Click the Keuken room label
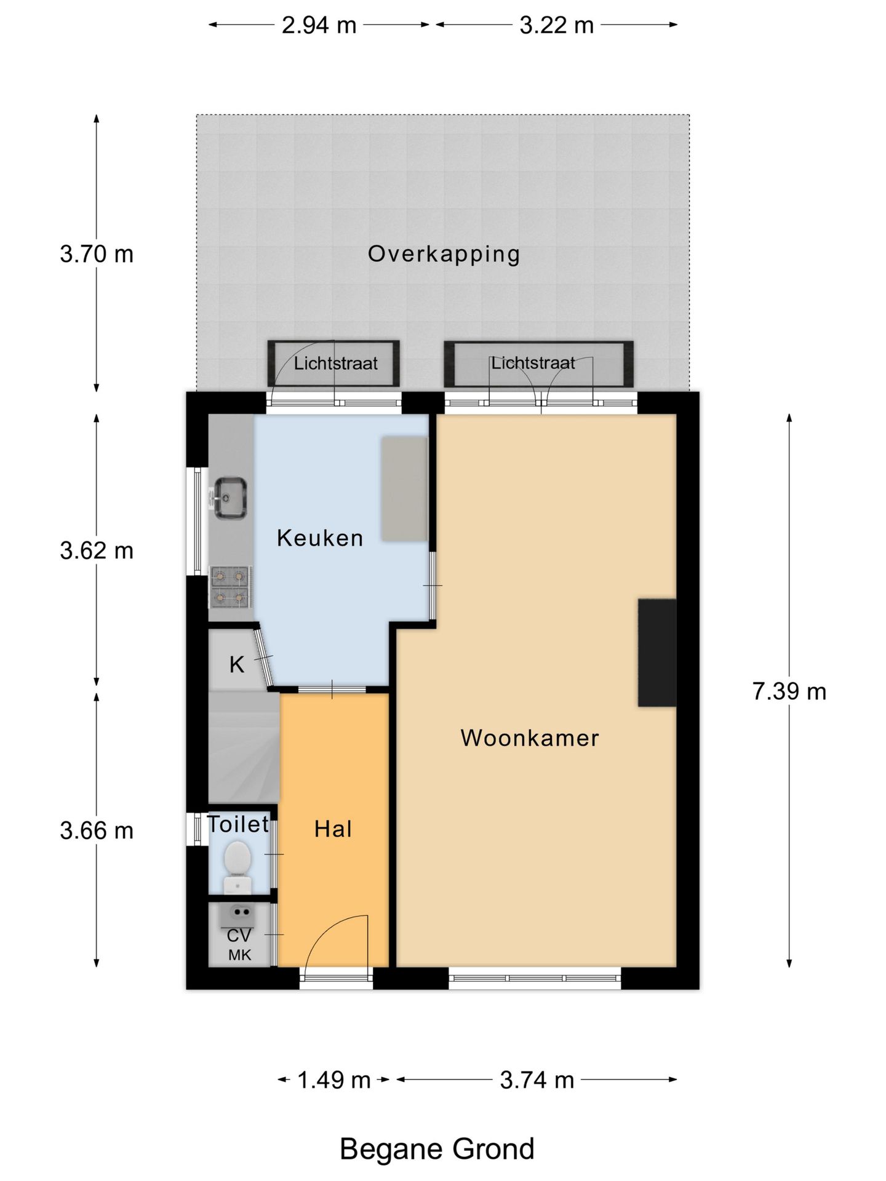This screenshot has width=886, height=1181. tap(320, 538)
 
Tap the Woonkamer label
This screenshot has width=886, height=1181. tap(530, 738)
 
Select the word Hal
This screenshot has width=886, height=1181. tap(333, 829)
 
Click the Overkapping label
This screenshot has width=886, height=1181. tap(444, 254)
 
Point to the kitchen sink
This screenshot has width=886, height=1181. tap(230, 498)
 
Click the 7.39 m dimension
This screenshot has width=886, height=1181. tap(789, 691)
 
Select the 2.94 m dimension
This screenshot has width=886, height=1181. tap(319, 25)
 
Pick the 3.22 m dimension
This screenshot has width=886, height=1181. tap(557, 25)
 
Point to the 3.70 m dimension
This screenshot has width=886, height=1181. tap(97, 254)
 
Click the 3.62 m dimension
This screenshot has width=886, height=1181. tap(97, 551)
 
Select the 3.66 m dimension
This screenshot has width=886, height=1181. tap(97, 831)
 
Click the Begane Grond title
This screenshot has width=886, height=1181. tap(437, 1149)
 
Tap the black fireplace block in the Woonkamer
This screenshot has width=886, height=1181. tap(657, 653)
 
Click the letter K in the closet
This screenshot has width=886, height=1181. tap(237, 664)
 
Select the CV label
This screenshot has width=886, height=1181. tap(239, 936)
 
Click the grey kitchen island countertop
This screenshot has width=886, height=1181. tap(404, 489)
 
